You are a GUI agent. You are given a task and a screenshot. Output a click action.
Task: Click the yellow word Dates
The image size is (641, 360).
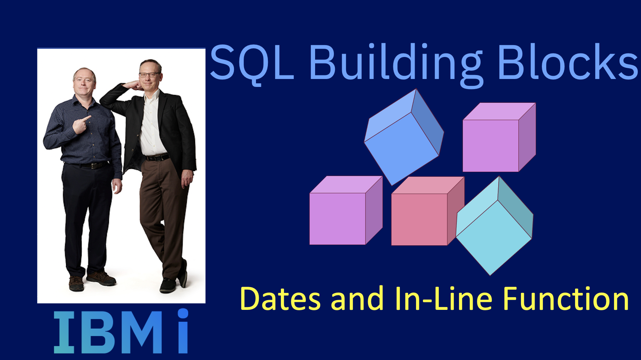tap(280, 299)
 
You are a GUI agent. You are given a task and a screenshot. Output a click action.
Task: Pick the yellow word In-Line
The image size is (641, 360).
tap(444, 298)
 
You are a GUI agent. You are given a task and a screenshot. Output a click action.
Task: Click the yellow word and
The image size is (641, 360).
tap(357, 298)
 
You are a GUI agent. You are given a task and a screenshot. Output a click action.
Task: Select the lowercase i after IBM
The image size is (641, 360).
tap(183, 331)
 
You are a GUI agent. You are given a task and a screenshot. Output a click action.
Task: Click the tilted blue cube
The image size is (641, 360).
tap(404, 137)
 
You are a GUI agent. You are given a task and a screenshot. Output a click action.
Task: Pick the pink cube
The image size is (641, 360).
tap(428, 211)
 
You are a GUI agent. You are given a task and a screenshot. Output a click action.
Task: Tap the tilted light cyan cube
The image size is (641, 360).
tap(495, 226)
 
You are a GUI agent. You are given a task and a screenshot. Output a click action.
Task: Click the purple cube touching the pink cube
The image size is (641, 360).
tap(346, 210)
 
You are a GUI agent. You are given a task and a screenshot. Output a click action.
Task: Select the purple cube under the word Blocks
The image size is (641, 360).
tap(499, 137)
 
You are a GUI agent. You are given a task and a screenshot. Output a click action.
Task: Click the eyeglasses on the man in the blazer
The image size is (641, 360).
tap(149, 75)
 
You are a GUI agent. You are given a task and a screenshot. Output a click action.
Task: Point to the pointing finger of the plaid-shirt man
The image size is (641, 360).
tap(87, 118)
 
